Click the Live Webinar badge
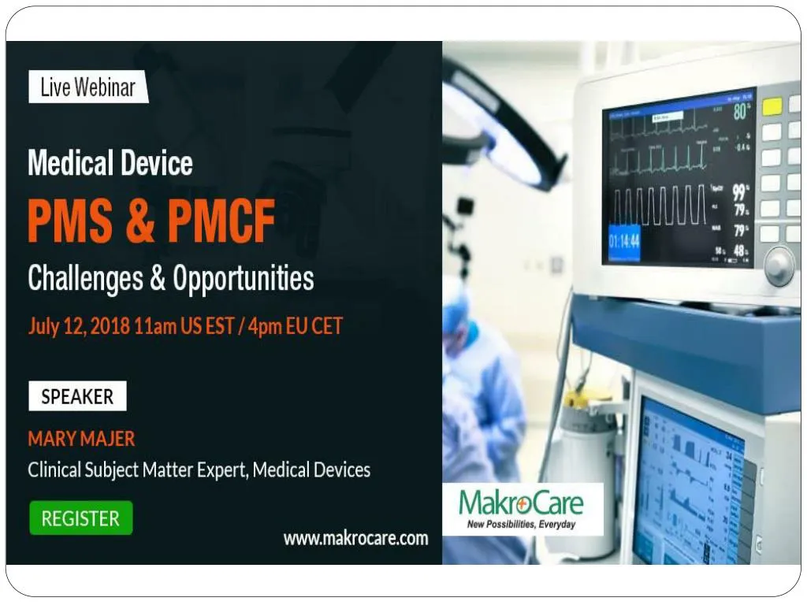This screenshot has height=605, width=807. point(87,87)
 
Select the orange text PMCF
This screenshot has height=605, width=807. point(221,222)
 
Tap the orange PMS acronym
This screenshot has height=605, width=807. point(71,222)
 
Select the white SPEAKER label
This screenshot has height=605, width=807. point(77,396)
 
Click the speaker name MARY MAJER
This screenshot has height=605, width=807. point(81,439)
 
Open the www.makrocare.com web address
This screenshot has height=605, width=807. point(355,539)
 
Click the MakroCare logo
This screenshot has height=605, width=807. point(521,503)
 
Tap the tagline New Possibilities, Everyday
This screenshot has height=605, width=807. point(521,524)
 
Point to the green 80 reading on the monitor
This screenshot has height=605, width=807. point(740,112)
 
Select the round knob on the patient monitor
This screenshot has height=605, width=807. point(779,265)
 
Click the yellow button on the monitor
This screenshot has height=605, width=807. point(772,106)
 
